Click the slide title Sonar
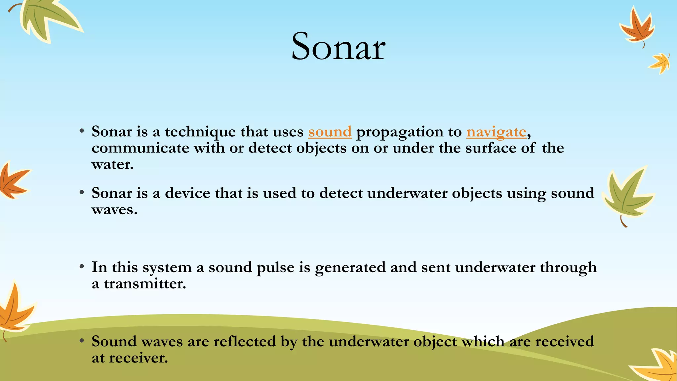pos(338,47)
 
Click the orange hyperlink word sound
pos(330,132)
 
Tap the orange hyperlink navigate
pos(496,132)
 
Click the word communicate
pos(140,148)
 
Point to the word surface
pos(491,148)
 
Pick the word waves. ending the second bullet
pos(114,209)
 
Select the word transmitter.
pos(145,284)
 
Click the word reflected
pos(245,341)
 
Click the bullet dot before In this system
pos(82,267)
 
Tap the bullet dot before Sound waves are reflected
pos(82,341)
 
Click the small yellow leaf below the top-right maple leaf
pos(660,63)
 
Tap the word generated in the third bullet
pos(350,267)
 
